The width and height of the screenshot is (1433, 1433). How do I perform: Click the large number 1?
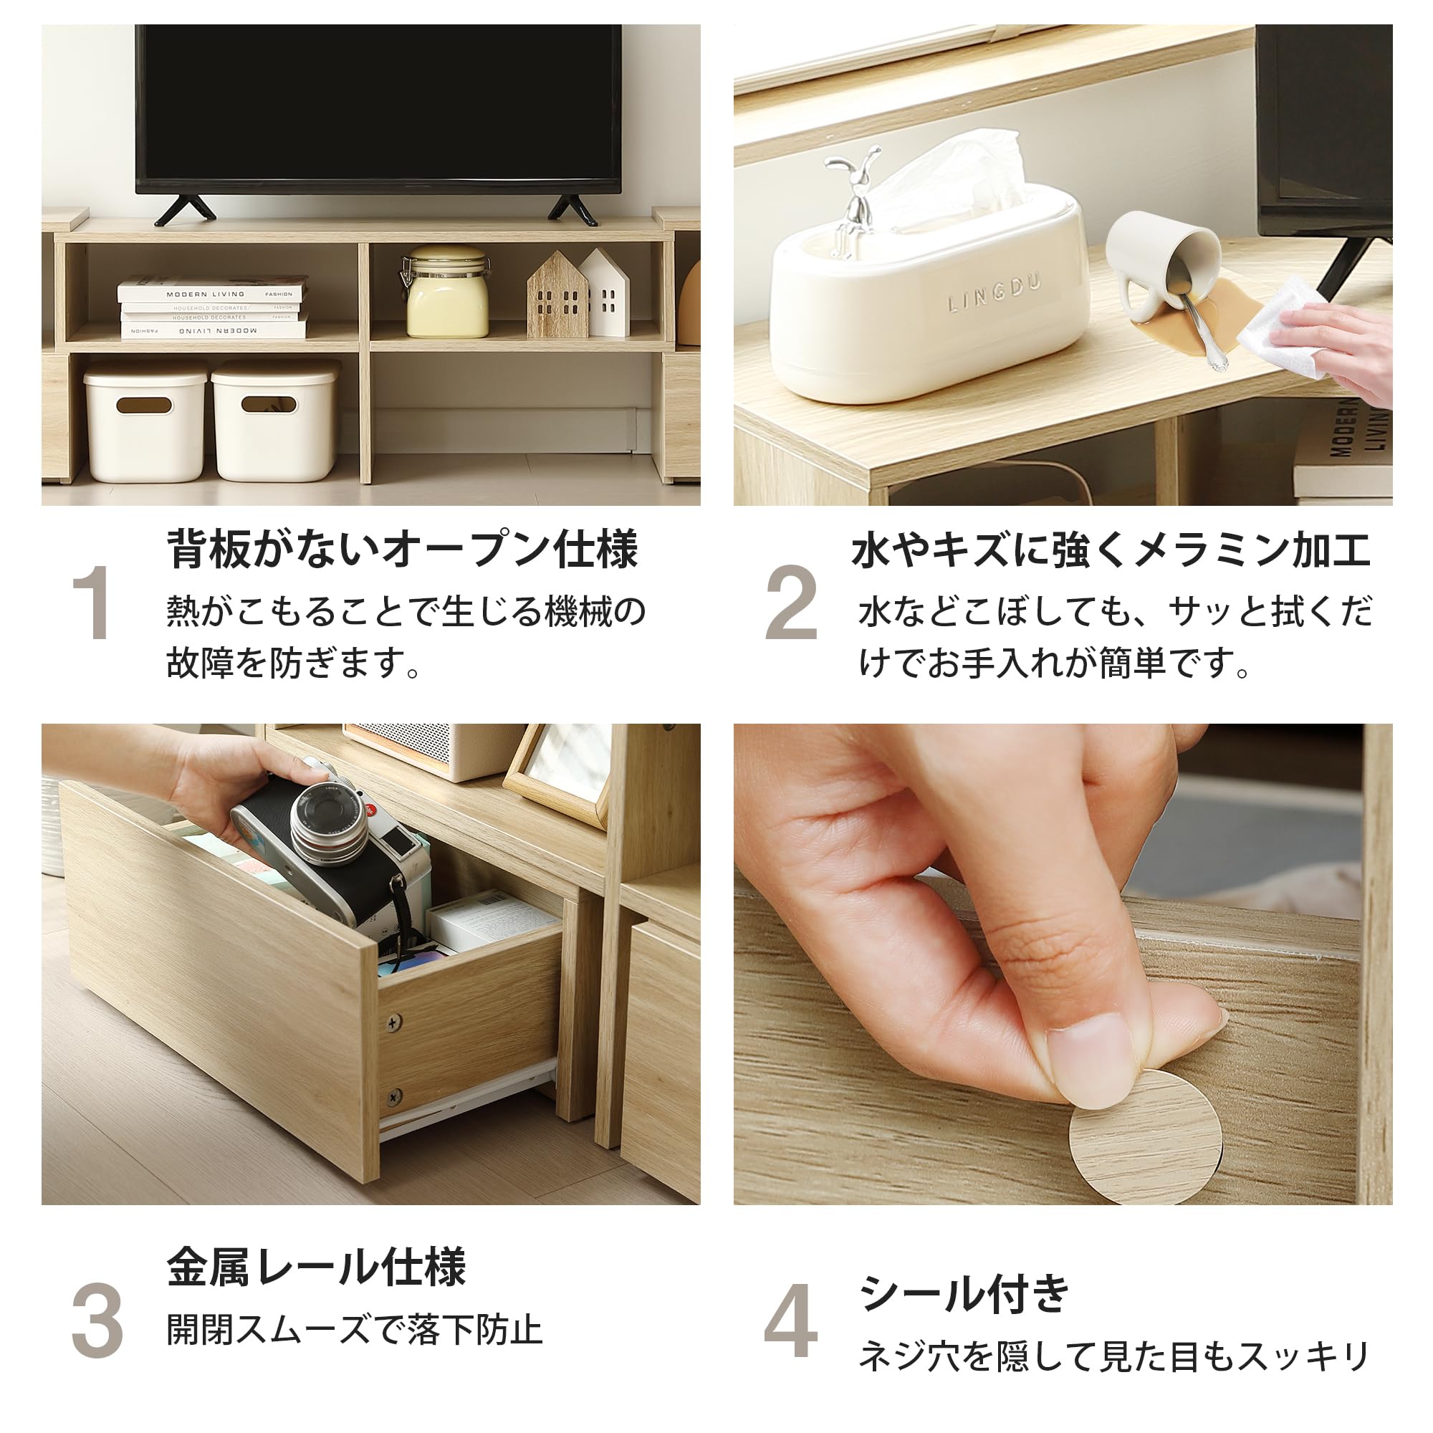pos(92,603)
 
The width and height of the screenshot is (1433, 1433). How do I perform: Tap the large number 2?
pos(791,603)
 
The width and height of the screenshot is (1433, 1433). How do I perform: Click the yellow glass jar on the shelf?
pos(446,295)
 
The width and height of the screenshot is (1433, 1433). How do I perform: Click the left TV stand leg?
pos(185,210)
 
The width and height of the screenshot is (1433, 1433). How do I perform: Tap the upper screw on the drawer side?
pos(394,1024)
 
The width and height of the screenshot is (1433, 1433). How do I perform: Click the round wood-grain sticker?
pos(1144,1139)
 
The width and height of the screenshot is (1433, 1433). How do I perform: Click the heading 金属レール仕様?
pos(316,1267)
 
